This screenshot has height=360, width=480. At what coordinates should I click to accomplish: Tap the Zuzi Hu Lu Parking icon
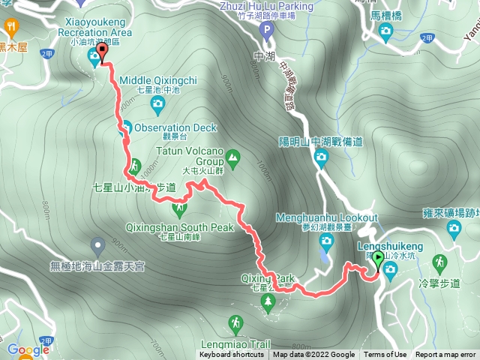coord(265,30)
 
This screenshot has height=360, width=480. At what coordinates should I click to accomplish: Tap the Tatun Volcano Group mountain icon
coord(232,157)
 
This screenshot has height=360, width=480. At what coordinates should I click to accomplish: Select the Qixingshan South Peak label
coord(176,228)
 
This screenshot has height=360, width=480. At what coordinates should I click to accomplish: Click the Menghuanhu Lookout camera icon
coord(326,240)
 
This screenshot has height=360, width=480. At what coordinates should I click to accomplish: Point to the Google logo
coord(28,349)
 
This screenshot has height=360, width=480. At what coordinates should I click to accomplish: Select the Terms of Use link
coord(385,355)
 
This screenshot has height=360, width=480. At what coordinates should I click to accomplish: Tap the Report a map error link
coord(445,355)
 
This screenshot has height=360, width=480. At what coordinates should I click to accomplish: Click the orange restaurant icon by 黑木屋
coord(11,28)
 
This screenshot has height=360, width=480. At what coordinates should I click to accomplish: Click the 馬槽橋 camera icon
coord(385,31)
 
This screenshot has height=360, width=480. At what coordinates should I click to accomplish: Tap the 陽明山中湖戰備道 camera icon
coord(321,157)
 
